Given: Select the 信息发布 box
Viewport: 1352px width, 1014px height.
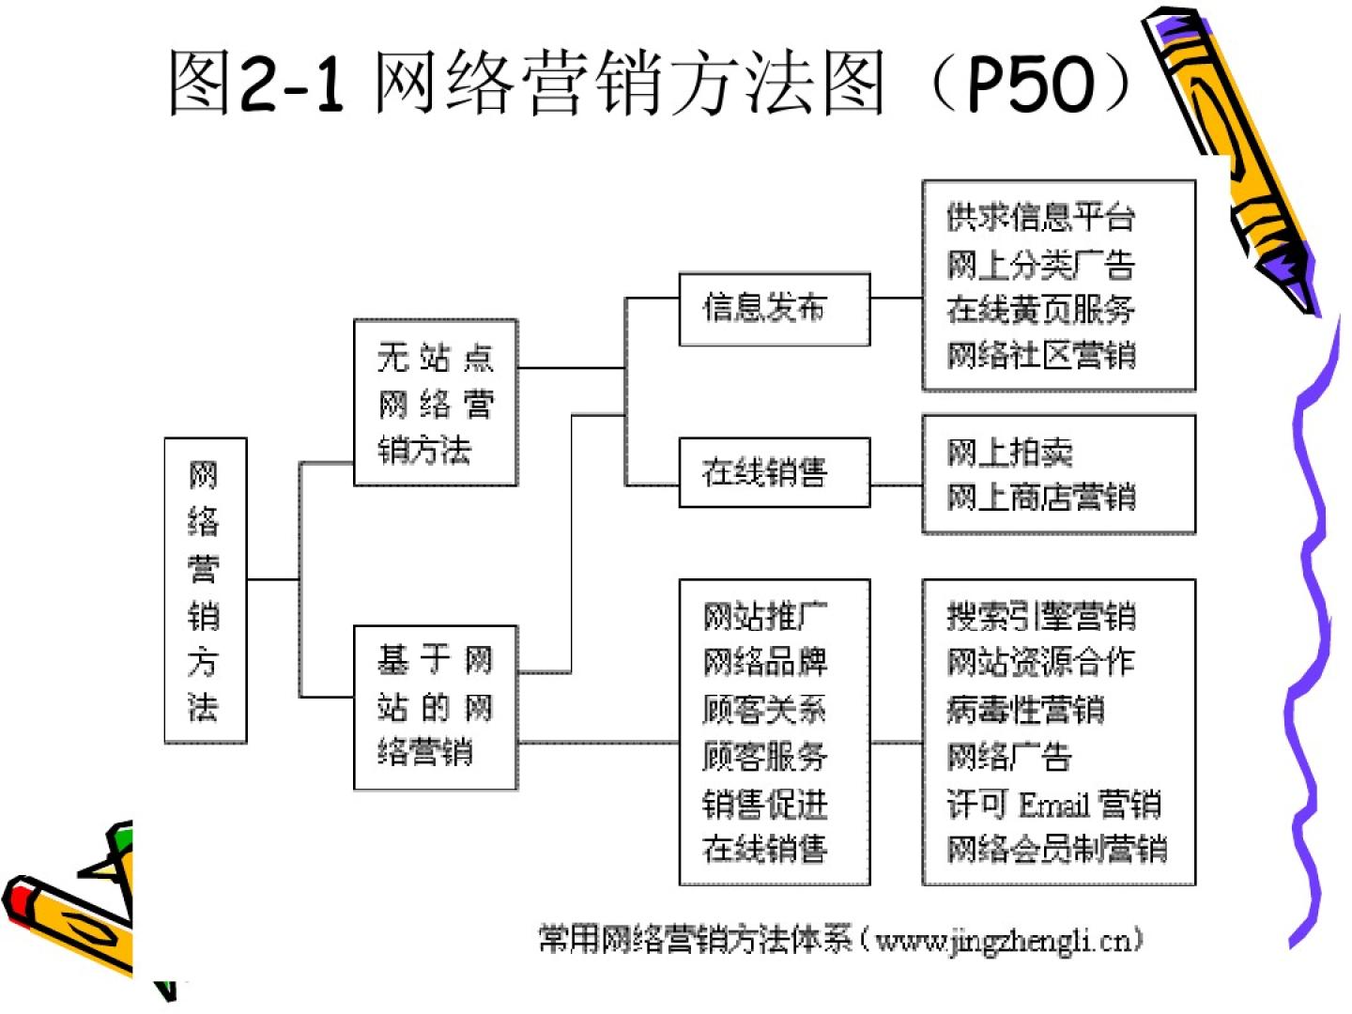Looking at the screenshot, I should pos(774,309).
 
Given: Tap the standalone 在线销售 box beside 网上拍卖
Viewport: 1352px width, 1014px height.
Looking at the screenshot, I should pos(774,472).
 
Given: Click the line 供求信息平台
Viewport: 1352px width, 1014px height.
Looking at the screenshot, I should pos(1040,218).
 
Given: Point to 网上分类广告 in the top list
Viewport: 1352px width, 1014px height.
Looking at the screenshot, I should pos(1040,264).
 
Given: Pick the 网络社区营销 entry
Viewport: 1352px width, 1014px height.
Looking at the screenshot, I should pos(1040,355).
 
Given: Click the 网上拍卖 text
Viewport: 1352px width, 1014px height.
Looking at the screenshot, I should pos(1009,453).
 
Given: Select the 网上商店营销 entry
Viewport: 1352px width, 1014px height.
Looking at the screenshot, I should pos(1040,497).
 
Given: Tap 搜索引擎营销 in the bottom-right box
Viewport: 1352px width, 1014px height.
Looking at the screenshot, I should pos(1040,617).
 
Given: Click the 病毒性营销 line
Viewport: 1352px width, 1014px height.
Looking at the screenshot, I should pos(1025,709).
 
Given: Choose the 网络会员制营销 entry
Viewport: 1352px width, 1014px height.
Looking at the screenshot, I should pos(1056,849).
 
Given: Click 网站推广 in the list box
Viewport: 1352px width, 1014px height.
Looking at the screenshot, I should pos(765,617).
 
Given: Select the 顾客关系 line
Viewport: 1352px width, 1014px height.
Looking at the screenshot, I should pos(765,709).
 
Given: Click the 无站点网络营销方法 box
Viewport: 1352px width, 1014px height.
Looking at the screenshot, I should pos(435,403).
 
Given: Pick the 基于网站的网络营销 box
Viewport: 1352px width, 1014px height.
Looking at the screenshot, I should pos(435,707).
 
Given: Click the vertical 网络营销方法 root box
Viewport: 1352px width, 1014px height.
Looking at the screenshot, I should pos(205,591).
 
